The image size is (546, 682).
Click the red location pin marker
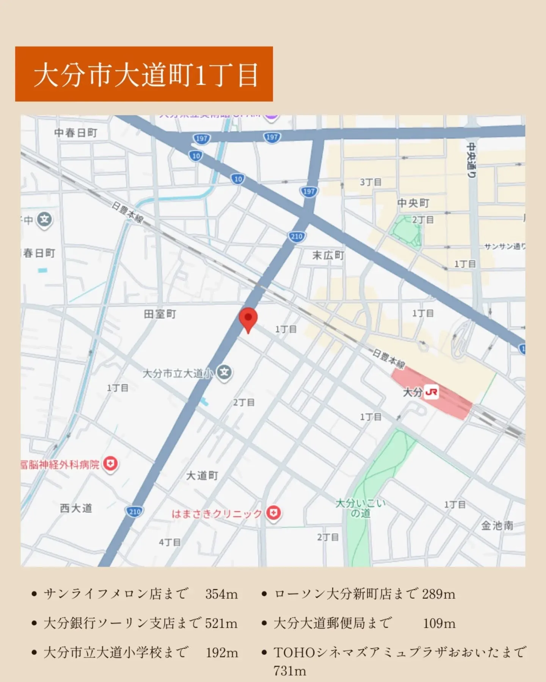248,319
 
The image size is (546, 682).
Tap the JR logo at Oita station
431,392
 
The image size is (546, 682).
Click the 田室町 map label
160,314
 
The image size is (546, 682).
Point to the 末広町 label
328,255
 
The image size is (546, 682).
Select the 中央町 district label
413,203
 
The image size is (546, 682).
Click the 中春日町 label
76,133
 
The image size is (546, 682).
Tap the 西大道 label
76,508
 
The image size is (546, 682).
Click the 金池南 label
497,526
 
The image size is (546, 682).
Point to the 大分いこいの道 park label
360,508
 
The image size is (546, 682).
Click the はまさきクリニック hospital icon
273,513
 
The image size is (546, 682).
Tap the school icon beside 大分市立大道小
224,372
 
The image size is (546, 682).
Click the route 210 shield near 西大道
135,512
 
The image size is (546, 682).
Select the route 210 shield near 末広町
297,237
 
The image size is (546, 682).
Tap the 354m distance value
221,594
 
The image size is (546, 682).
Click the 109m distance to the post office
439,623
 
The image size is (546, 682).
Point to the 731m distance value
290,671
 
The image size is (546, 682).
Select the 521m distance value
221,623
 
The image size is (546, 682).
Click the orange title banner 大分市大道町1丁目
144,74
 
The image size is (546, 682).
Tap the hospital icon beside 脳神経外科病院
110,463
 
